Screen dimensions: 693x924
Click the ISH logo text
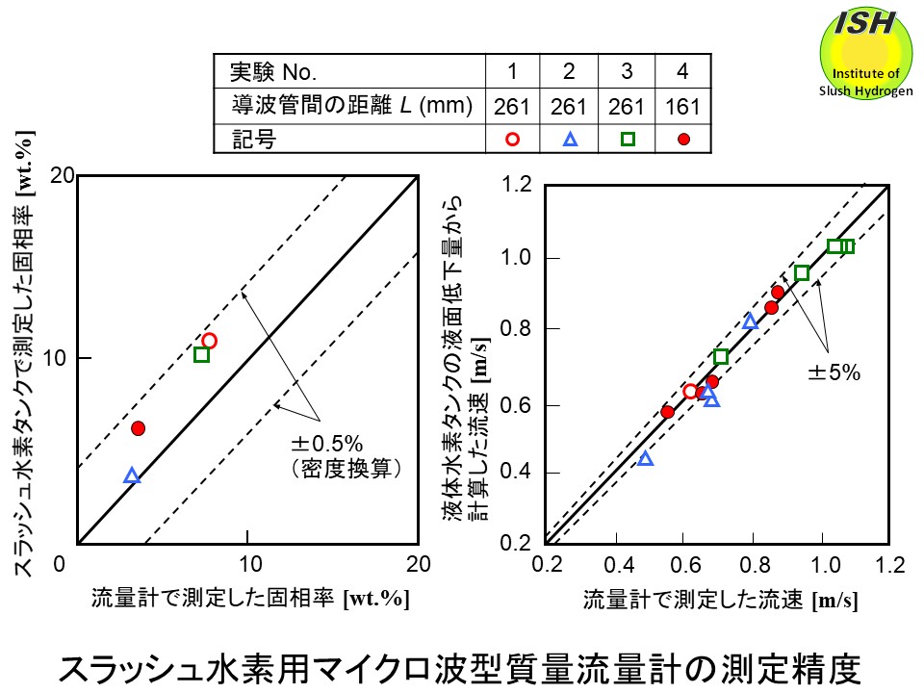863,22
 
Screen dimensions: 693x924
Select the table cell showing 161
682,106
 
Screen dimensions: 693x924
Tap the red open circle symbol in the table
513,139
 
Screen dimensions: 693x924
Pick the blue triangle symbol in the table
569,139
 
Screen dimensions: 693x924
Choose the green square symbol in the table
627,139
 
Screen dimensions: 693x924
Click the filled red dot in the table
683,139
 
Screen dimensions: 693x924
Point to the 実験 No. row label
274,72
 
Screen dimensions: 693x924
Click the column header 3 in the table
627,72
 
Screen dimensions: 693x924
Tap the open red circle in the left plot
209,341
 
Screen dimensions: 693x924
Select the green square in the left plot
201,354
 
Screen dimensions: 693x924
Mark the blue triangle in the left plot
132,475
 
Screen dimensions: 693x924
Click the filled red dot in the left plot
138,428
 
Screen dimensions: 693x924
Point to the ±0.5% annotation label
326,444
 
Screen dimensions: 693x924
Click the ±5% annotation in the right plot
833,372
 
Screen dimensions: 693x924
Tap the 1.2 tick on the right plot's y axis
518,184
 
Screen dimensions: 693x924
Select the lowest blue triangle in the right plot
646,458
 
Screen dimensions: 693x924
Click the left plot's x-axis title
250,598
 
